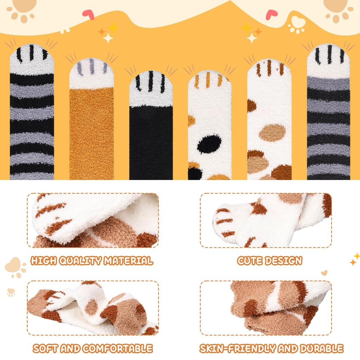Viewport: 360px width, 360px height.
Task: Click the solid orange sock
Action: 91,134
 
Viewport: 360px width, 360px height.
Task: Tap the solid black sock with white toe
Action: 151,141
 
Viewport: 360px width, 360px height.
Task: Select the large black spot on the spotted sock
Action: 209,144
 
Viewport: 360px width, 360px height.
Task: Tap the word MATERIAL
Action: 128,261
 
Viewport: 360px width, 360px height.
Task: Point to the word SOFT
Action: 46,348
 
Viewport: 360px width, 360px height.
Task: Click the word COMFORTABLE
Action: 118,348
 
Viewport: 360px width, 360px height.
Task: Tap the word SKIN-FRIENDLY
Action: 237,348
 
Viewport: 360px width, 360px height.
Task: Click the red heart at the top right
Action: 271,14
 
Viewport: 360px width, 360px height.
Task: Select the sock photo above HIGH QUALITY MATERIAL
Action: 93,220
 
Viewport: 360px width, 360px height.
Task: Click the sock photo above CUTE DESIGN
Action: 266,220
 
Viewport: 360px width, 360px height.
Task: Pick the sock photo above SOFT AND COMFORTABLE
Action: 93,308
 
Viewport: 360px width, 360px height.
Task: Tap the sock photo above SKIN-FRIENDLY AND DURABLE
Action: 266,308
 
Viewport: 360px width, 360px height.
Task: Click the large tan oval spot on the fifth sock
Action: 272,133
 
